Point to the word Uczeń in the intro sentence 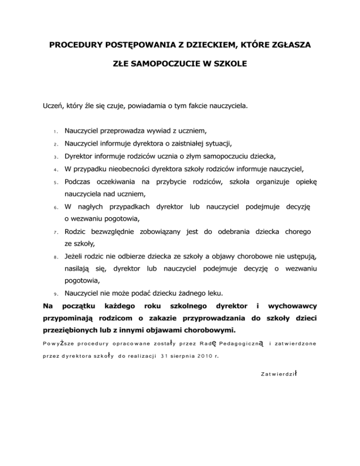(52, 106)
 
